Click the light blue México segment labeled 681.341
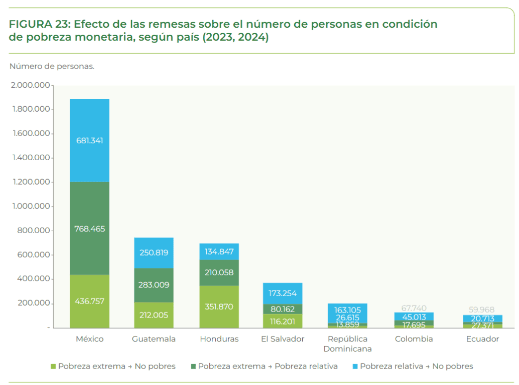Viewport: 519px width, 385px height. pyautogui.click(x=89, y=140)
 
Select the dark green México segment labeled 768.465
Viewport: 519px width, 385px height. pyautogui.click(x=89, y=229)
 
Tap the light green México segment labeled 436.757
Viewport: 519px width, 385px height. pyautogui.click(x=89, y=301)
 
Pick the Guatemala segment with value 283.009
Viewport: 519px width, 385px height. pyautogui.click(x=154, y=285)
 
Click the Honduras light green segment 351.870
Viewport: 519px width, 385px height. pyautogui.click(x=219, y=307)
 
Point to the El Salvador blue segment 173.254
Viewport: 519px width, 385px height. pyautogui.click(x=282, y=293)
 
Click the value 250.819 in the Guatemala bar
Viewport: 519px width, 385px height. pyautogui.click(x=154, y=253)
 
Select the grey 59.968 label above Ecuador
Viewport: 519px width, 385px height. pyautogui.click(x=481, y=310)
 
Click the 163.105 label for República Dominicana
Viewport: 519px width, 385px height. pyautogui.click(x=347, y=310)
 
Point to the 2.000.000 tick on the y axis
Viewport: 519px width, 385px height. pyautogui.click(x=30, y=85)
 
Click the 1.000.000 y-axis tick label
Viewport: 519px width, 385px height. pyautogui.click(x=30, y=206)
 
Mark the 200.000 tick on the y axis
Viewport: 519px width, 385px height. pyautogui.click(x=34, y=303)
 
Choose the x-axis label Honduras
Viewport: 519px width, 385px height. pyautogui.click(x=219, y=339)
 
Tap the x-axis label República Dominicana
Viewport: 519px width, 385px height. pyautogui.click(x=347, y=344)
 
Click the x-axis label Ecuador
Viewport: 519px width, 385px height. pyautogui.click(x=482, y=339)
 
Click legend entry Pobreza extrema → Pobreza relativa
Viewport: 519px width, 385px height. pyautogui.click(x=263, y=367)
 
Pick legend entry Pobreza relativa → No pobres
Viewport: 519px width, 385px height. pyautogui.click(x=412, y=367)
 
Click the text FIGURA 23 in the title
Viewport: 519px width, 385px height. pyautogui.click(x=40, y=24)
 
